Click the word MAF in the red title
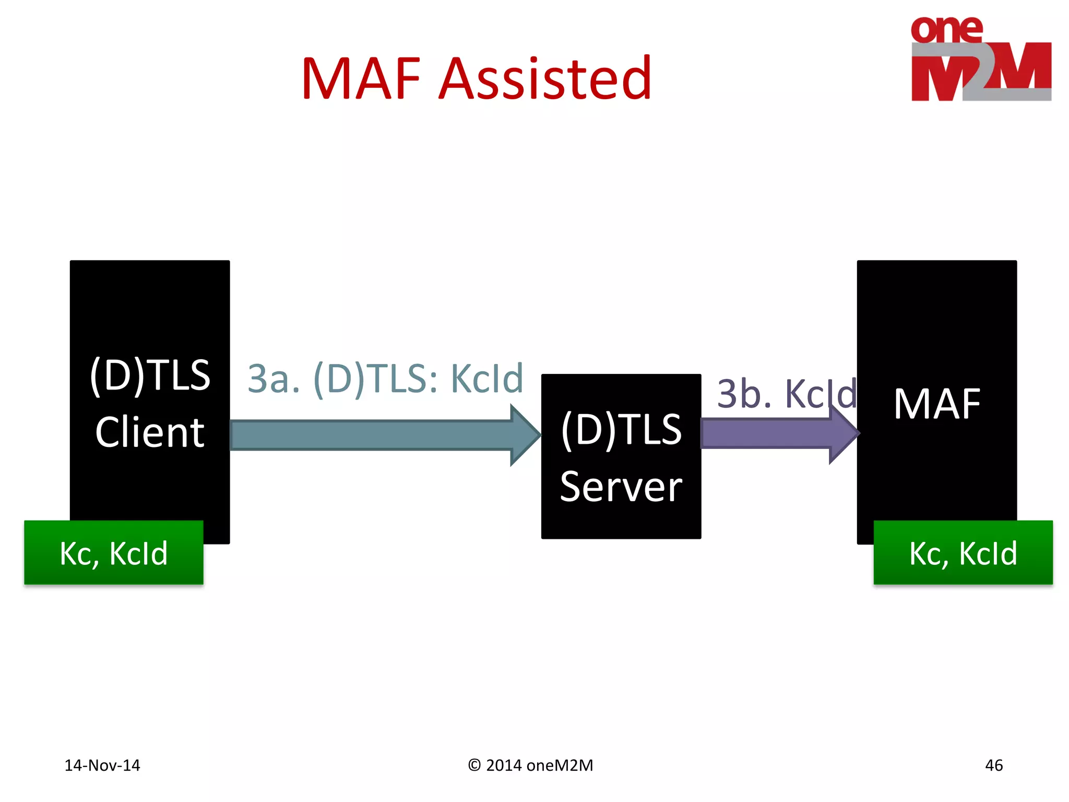pyautogui.click(x=361, y=79)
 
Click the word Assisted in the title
pyautogui.click(x=545, y=79)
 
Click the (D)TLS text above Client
pyautogui.click(x=150, y=375)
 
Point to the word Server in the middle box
pyautogui.click(x=621, y=487)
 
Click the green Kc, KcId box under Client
pyautogui.click(x=114, y=552)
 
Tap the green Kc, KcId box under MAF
pyautogui.click(x=963, y=552)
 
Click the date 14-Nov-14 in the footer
pyautogui.click(x=102, y=765)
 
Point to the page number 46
pyautogui.click(x=993, y=765)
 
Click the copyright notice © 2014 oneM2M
pyautogui.click(x=530, y=765)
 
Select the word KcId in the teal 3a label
pyautogui.click(x=486, y=379)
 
